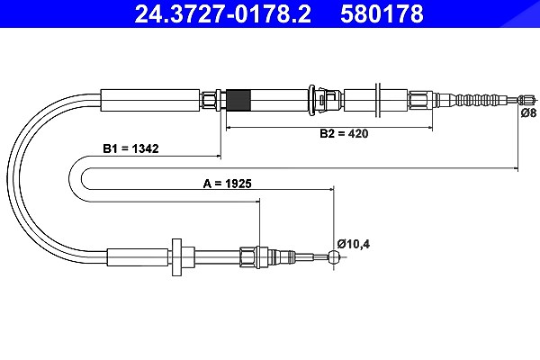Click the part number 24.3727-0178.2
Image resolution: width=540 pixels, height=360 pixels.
(x=223, y=13)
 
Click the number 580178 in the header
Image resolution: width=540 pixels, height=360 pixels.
(x=382, y=13)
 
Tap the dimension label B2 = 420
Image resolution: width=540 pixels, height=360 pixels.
(x=344, y=133)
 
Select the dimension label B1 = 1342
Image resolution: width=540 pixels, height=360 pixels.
(x=130, y=148)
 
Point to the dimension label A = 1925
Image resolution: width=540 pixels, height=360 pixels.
(x=228, y=184)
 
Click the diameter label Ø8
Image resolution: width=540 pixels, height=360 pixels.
(x=528, y=113)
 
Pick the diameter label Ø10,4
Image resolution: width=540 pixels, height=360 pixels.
(x=354, y=244)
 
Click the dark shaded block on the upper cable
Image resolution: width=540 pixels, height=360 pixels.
(x=238, y=100)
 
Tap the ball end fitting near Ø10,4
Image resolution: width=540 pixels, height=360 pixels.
(x=335, y=256)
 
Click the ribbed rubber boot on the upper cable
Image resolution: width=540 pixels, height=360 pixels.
(x=477, y=100)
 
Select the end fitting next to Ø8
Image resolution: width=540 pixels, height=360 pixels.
(x=527, y=100)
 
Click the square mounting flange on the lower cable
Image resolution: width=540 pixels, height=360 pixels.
(x=176, y=257)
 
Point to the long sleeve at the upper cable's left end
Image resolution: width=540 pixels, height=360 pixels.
(x=150, y=100)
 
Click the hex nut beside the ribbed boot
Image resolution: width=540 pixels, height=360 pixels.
(x=420, y=100)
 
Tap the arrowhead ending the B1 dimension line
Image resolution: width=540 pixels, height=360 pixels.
(x=218, y=157)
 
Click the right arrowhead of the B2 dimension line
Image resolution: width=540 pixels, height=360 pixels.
(x=429, y=128)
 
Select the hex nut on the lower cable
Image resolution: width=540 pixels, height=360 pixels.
(x=248, y=257)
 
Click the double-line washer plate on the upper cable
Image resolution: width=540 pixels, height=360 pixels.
(x=378, y=100)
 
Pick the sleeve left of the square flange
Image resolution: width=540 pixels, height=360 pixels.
(x=138, y=257)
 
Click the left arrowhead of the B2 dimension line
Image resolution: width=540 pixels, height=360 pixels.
(x=229, y=128)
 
